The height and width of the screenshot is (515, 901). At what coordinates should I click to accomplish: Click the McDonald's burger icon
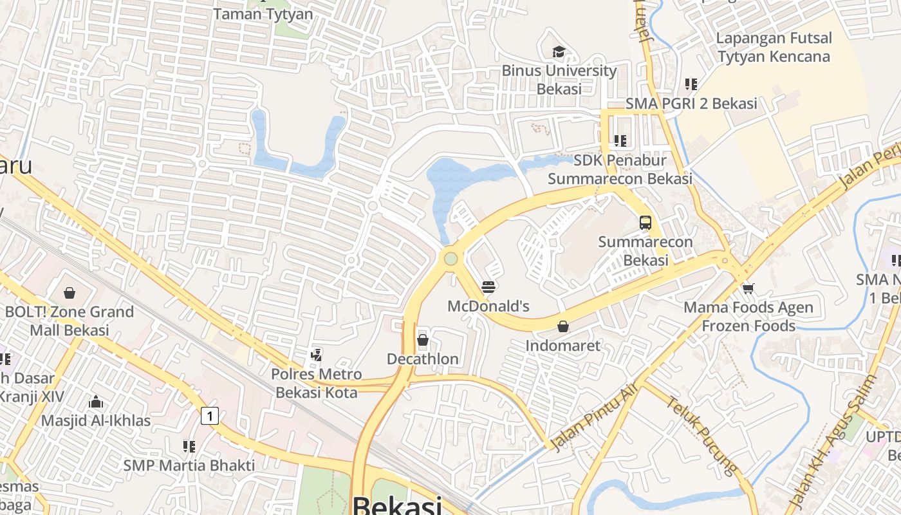coord(488,287)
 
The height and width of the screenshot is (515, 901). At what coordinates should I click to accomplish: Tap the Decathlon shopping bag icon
coord(423,340)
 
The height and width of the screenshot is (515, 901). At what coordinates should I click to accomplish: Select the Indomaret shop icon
coord(563,326)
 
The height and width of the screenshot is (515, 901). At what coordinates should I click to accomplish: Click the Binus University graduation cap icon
coord(559,51)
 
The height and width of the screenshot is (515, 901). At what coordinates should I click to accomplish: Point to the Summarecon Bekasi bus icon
coord(646,223)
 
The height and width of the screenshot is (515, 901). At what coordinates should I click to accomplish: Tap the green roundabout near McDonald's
coord(450,259)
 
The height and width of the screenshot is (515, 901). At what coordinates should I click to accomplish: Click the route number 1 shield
coord(209,416)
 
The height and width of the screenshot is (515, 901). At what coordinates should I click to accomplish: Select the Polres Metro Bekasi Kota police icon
coord(316,354)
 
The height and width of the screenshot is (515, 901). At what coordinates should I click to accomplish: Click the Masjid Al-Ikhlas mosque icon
coord(96,402)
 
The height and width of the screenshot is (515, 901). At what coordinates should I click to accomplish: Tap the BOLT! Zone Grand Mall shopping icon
coord(70,293)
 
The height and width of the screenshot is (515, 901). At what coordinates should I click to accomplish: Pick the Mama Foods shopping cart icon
coord(748,288)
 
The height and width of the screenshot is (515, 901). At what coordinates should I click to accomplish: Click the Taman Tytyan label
coord(263,14)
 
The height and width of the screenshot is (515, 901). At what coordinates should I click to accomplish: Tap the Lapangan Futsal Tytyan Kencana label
coord(774,47)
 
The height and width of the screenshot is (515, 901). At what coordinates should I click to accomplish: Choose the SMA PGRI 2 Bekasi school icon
coord(691,84)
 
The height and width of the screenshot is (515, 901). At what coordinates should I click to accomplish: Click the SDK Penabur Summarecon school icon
coord(620,140)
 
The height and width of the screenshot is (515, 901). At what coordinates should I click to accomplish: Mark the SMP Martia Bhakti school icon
coord(189,445)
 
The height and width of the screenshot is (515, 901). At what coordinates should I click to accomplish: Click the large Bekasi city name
coord(397,505)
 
